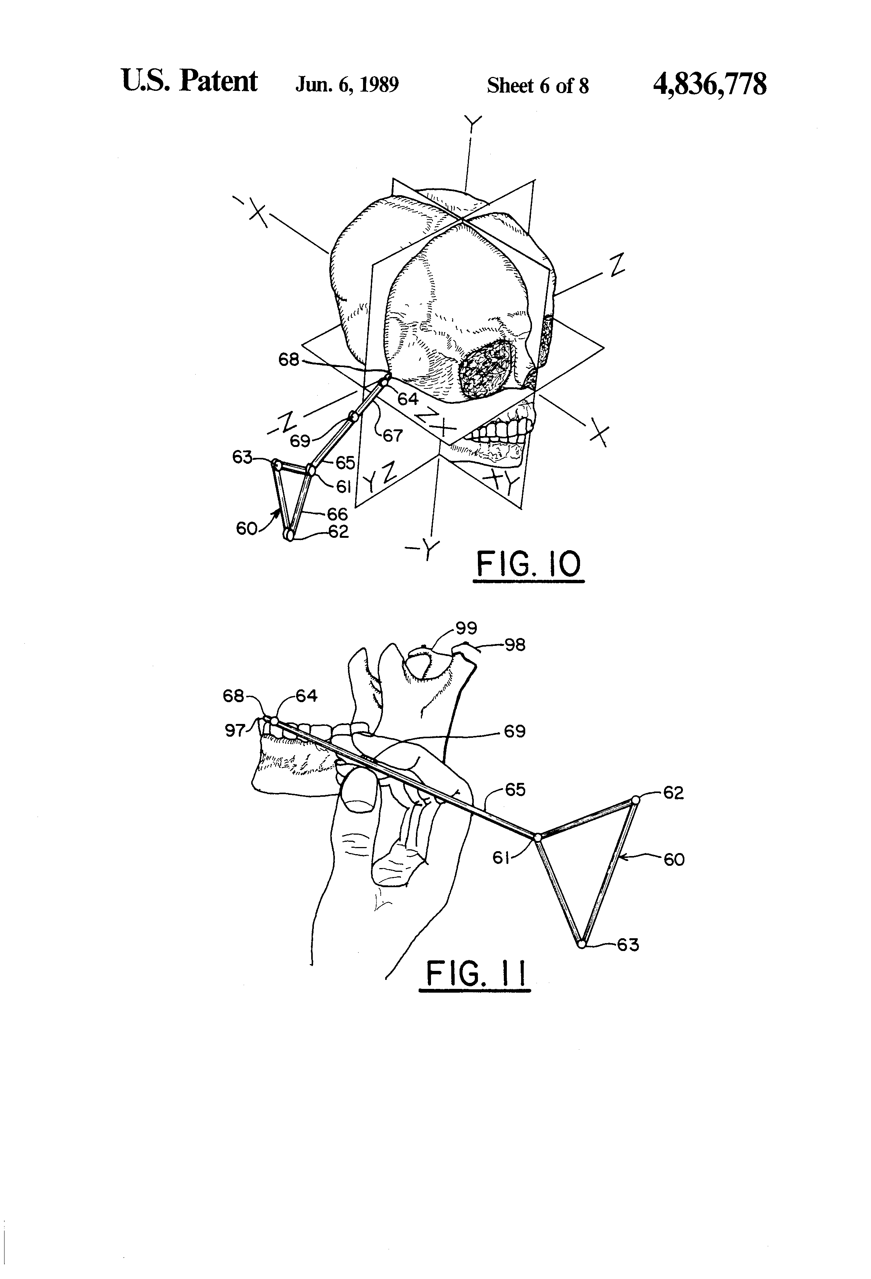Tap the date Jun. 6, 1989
[347, 85]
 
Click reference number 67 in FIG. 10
[393, 436]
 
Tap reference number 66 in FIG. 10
[337, 514]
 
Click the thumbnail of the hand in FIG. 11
[358, 791]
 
